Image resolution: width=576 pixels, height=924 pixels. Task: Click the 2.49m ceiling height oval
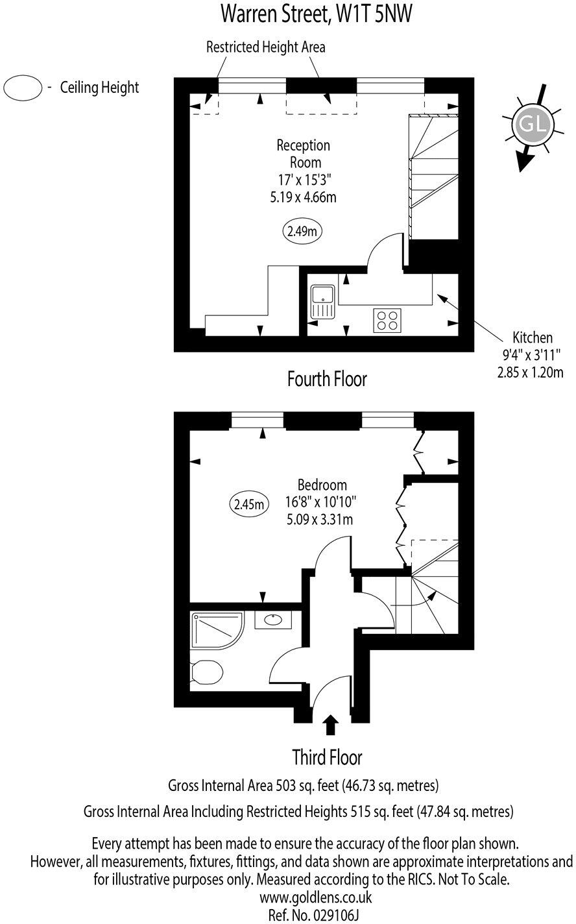[302, 230]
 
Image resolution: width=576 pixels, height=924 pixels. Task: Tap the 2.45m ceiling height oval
[249, 504]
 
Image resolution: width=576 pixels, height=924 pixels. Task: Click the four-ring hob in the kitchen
[387, 320]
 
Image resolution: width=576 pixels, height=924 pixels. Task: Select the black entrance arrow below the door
[330, 723]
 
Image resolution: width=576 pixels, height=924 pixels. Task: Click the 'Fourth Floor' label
[327, 379]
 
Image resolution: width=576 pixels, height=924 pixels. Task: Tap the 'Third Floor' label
[327, 757]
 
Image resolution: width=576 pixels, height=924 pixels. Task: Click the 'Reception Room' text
[303, 154]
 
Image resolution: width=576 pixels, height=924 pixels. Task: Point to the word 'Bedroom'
[322, 485]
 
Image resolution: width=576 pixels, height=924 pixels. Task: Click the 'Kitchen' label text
[533, 337]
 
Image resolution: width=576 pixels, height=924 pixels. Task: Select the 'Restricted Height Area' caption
[265, 47]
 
